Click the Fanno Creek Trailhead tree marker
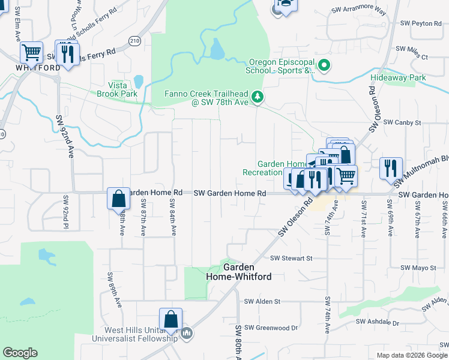[x=258, y=97]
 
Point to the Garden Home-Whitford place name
[x=238, y=272]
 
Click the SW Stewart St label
[x=292, y=258]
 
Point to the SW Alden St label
[x=262, y=301]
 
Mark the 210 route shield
[x=134, y=41]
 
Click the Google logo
[x=20, y=353]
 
